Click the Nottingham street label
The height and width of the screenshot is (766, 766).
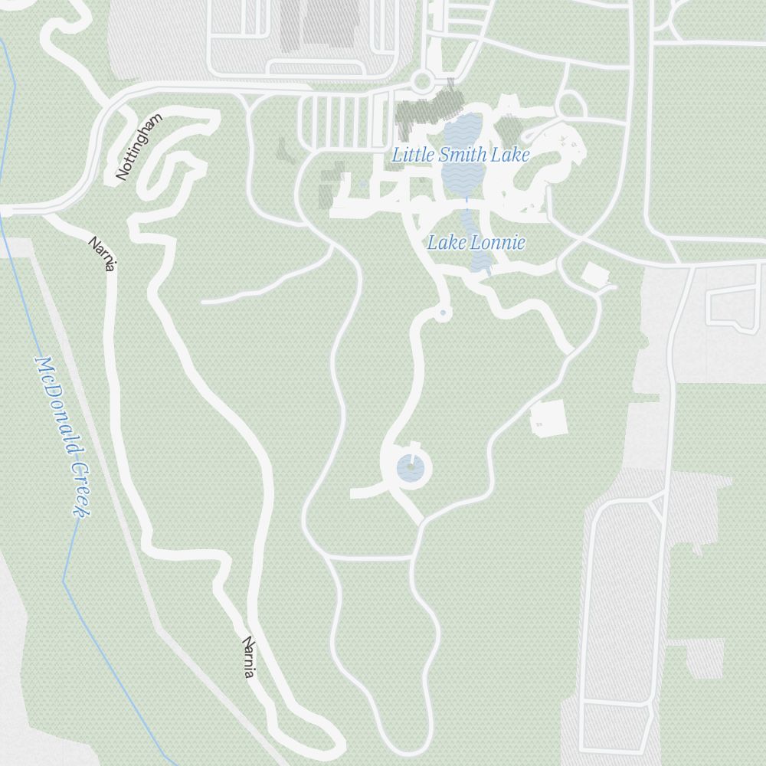(x=139, y=147)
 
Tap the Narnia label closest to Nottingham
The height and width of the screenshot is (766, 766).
(x=103, y=254)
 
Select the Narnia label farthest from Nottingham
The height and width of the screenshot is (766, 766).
(x=248, y=656)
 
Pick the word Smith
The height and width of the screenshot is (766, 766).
(x=463, y=155)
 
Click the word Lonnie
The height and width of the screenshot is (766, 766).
(x=498, y=243)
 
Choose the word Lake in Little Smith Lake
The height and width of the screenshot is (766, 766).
(x=511, y=155)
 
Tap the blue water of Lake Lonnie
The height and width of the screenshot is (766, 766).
(x=480, y=261)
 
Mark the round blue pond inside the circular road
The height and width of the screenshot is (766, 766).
(x=408, y=466)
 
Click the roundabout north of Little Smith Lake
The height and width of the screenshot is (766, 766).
(x=422, y=81)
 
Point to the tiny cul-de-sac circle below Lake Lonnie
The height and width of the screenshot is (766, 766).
(x=443, y=313)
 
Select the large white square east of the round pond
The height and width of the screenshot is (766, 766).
(x=549, y=418)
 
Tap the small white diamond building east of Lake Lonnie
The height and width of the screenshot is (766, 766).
(x=594, y=273)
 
